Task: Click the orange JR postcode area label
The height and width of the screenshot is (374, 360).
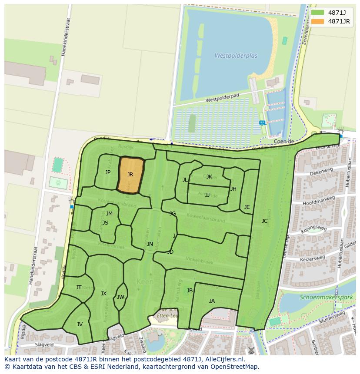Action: pos(130,175)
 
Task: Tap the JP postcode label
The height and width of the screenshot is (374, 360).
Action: pos(108,172)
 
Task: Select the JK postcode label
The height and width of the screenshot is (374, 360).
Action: pos(209,177)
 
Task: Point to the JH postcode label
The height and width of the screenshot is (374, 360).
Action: pos(233,189)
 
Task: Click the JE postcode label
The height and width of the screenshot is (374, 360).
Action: pos(247,207)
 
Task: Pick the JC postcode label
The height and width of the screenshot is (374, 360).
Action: pos(264,221)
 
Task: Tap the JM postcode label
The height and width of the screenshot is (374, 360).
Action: pos(109,213)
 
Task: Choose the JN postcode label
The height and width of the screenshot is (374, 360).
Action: pos(150,244)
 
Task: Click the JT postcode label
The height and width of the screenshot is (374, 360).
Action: pos(79,287)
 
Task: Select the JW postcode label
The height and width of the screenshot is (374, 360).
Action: pos(120,297)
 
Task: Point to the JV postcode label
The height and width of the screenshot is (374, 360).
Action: pos(80,324)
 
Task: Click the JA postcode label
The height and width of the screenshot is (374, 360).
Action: pos(212,301)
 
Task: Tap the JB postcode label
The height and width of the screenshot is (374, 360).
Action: pos(190,291)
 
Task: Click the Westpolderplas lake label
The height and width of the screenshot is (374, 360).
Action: pos(236,56)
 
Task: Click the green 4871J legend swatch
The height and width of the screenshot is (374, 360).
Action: pos(317,13)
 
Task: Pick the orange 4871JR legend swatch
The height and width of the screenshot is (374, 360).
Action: pos(317,21)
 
